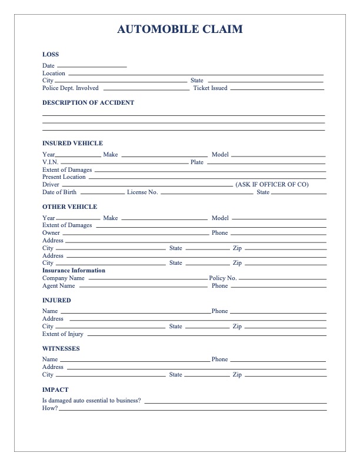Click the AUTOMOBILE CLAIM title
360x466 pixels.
click(180, 29)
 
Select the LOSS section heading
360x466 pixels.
click(51, 55)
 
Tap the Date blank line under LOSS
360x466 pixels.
click(92, 66)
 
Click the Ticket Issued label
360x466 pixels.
click(210, 88)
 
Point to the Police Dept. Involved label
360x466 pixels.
click(71, 88)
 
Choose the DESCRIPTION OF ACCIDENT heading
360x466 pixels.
click(88, 102)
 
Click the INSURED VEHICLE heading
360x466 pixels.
click(72, 143)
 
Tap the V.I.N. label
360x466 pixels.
click(51, 162)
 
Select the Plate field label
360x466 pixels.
click(196, 162)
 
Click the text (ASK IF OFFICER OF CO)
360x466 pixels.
click(272, 184)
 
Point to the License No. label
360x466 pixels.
click(142, 192)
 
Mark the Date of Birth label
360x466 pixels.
click(59, 192)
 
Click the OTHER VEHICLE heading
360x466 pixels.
click(69, 207)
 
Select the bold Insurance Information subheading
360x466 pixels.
click(74, 271)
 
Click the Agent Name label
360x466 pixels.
click(59, 286)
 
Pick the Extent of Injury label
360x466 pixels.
click(63, 334)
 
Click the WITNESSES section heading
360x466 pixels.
click(61, 348)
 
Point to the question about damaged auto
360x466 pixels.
click(91, 400)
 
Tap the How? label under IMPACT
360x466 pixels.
click(50, 408)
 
